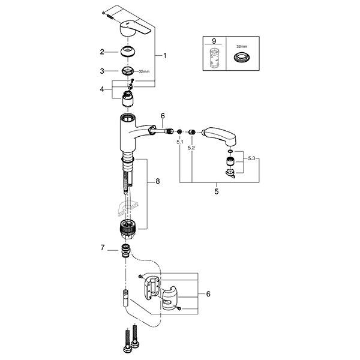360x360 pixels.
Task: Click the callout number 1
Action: point(166,55)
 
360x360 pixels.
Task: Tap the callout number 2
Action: point(103,52)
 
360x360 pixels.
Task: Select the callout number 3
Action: point(103,71)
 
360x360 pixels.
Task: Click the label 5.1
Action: point(179,142)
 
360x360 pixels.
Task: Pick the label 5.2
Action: point(191,147)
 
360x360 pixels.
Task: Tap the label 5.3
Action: point(252,158)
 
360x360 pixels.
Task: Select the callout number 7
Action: point(103,247)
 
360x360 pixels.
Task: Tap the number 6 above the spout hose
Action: point(162,115)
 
